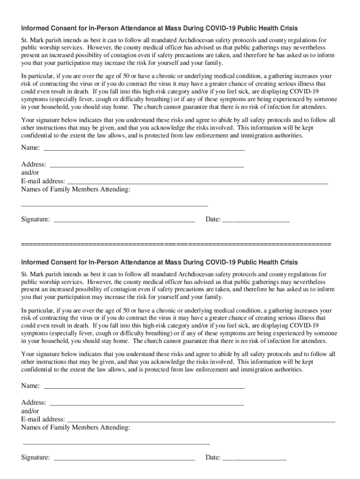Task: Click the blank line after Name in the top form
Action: (144, 149)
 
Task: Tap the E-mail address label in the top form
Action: (43, 181)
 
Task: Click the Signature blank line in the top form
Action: (124, 220)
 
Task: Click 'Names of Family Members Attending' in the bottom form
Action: (76, 428)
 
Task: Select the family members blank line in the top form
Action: (115, 205)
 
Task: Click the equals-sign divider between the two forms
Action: (176, 245)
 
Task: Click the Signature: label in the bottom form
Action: (36, 457)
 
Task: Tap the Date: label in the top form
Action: (213, 219)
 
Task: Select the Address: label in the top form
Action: (34, 165)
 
